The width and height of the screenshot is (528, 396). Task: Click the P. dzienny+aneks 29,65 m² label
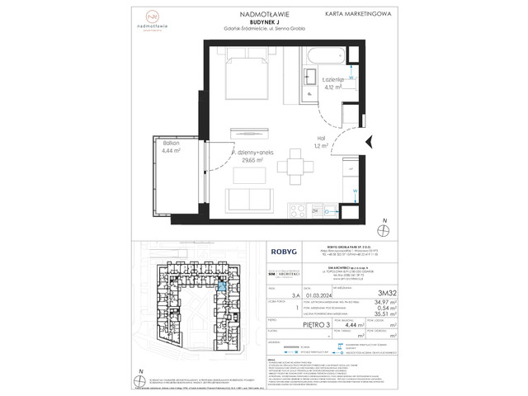(x=246, y=157)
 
